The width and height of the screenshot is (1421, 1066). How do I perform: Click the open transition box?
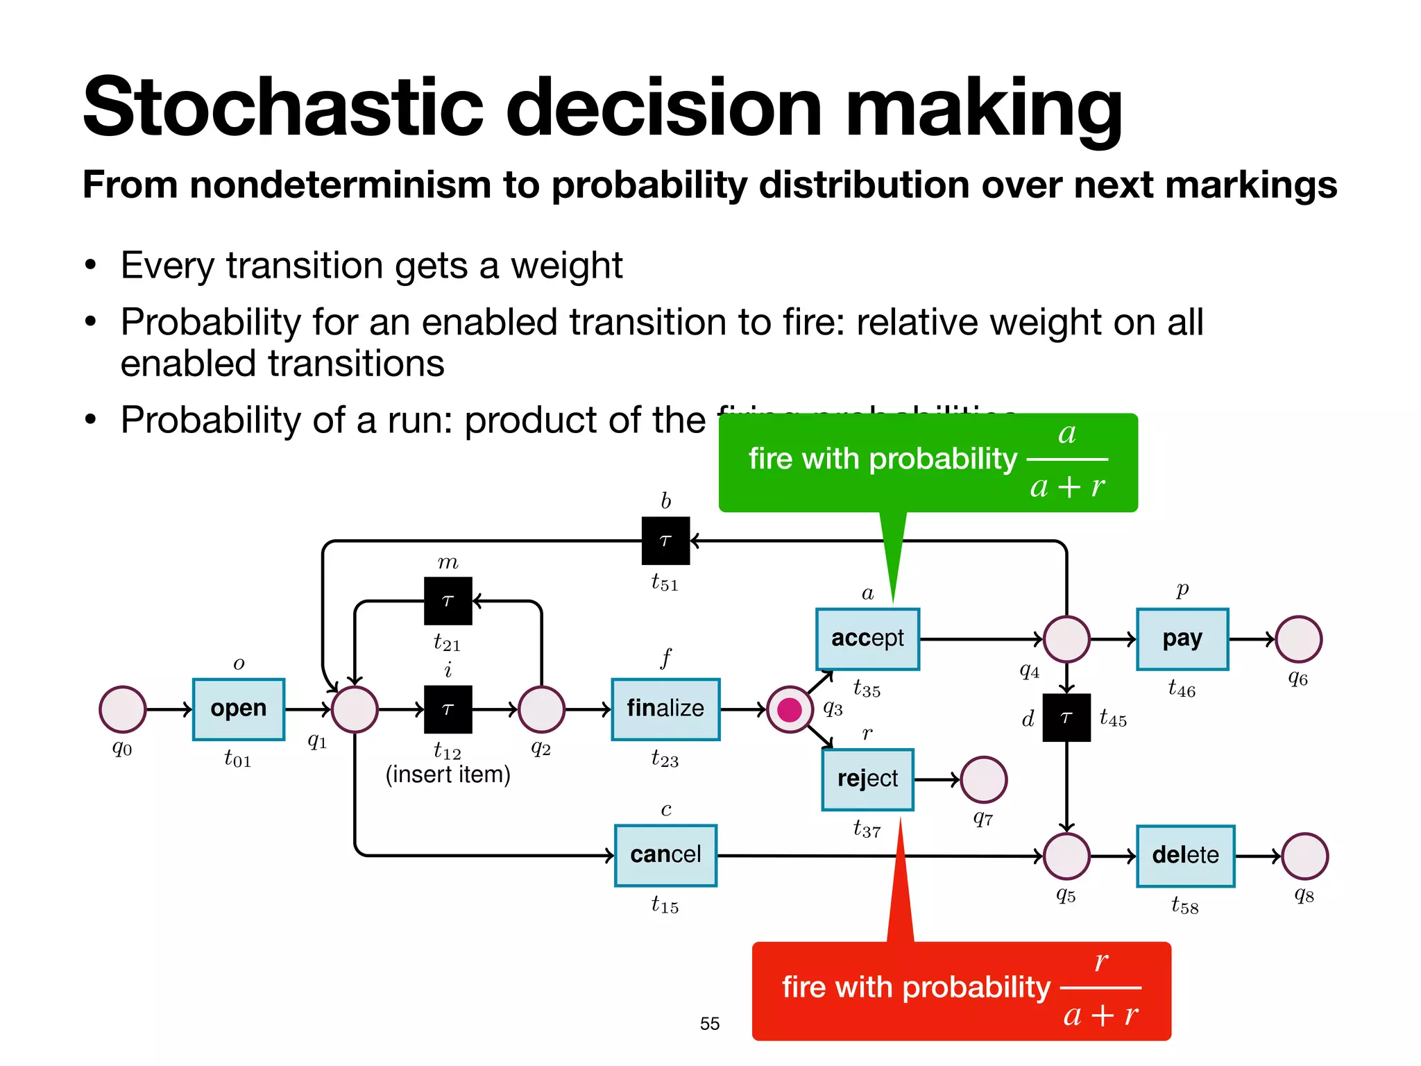(238, 709)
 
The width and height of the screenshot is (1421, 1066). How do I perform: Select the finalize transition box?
(665, 709)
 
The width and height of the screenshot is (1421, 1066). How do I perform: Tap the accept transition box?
(867, 638)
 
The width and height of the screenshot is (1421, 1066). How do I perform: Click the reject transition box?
(867, 779)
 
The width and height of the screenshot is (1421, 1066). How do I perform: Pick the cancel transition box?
(665, 855)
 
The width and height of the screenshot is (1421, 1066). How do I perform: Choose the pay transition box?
(1182, 638)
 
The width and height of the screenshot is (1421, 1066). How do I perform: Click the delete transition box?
(1184, 855)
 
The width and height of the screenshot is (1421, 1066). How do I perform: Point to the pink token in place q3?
(790, 709)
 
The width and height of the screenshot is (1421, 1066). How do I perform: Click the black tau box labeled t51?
(665, 541)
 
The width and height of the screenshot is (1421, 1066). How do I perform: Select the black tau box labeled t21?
(448, 601)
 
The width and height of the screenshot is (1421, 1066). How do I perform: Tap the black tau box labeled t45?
(1066, 718)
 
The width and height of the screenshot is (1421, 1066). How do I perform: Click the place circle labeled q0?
(123, 709)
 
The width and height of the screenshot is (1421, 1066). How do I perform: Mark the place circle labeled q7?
(983, 779)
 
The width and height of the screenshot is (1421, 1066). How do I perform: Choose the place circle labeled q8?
(1304, 856)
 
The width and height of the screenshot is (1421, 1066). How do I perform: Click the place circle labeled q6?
(1298, 638)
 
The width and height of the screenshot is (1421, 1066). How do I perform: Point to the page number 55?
(709, 1024)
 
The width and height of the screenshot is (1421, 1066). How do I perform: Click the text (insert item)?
(448, 775)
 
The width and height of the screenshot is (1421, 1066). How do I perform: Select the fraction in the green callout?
(1066, 459)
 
